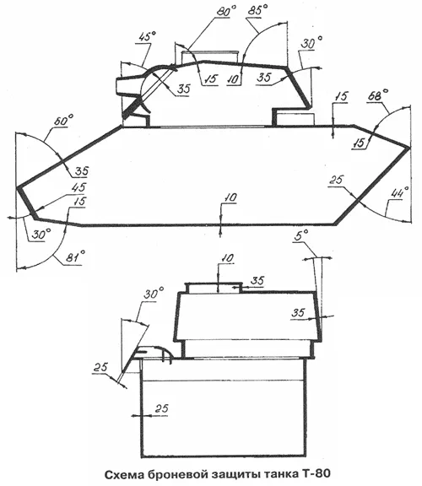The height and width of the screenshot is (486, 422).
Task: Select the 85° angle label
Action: tap(257, 10)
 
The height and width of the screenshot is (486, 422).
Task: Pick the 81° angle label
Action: tap(75, 256)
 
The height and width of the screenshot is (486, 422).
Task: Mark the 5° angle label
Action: tap(300, 236)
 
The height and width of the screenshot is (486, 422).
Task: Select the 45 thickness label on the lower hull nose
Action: tap(78, 188)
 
